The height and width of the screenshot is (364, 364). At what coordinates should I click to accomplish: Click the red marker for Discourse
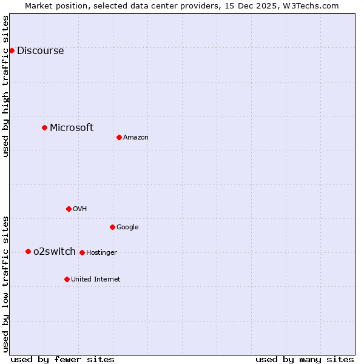12,50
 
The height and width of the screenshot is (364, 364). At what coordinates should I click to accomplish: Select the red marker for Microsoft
44,127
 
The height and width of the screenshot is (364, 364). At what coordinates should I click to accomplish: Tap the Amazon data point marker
119,137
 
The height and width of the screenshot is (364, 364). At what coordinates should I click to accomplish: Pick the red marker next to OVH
69,209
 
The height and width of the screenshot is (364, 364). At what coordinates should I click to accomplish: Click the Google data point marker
112,227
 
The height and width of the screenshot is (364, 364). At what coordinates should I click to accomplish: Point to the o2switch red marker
28,251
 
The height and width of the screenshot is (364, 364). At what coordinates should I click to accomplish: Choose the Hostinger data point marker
82,252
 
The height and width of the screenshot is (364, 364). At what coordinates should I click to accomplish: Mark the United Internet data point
67,279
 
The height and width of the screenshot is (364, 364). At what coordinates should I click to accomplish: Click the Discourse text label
41,50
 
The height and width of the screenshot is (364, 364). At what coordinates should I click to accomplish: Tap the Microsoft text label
72,127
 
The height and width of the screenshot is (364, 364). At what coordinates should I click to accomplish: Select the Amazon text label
136,138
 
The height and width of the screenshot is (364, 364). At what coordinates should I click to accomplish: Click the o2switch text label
55,251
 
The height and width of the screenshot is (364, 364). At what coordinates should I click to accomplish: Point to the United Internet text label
96,280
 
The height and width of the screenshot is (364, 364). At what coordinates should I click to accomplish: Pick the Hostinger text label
101,253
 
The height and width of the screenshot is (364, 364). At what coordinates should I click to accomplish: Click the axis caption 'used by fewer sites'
62,359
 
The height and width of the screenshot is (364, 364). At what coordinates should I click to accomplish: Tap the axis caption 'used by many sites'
305,359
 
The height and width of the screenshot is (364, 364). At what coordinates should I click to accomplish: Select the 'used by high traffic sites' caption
5,86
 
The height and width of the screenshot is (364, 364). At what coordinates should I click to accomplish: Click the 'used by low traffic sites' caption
5,284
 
